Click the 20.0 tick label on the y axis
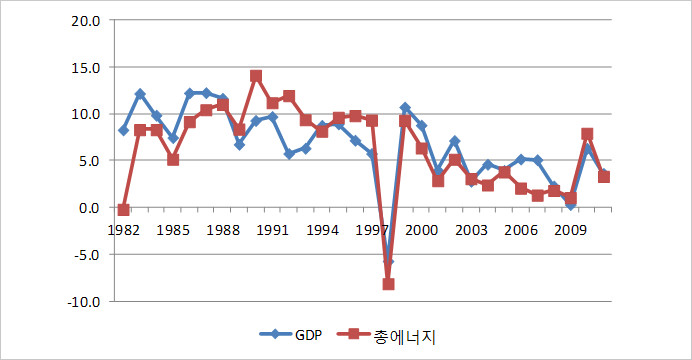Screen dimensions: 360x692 click(85, 20)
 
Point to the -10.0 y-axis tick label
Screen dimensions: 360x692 click(83, 301)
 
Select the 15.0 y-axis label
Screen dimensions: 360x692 click(85, 67)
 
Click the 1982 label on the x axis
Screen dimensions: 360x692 click(123, 230)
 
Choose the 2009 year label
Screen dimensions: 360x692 click(570, 230)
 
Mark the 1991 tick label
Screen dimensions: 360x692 click(273, 230)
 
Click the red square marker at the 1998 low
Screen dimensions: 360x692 click(389, 284)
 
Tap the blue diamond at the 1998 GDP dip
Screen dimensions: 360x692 click(389, 262)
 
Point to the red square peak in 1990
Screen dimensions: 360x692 click(256, 76)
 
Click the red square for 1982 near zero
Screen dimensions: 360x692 click(123, 210)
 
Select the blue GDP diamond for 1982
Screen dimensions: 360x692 click(123, 130)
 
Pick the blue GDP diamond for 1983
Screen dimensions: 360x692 click(140, 94)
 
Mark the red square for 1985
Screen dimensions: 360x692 click(173, 159)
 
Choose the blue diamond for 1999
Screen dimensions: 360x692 click(405, 108)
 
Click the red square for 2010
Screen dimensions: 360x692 click(587, 134)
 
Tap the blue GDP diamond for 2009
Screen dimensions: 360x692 click(570, 204)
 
